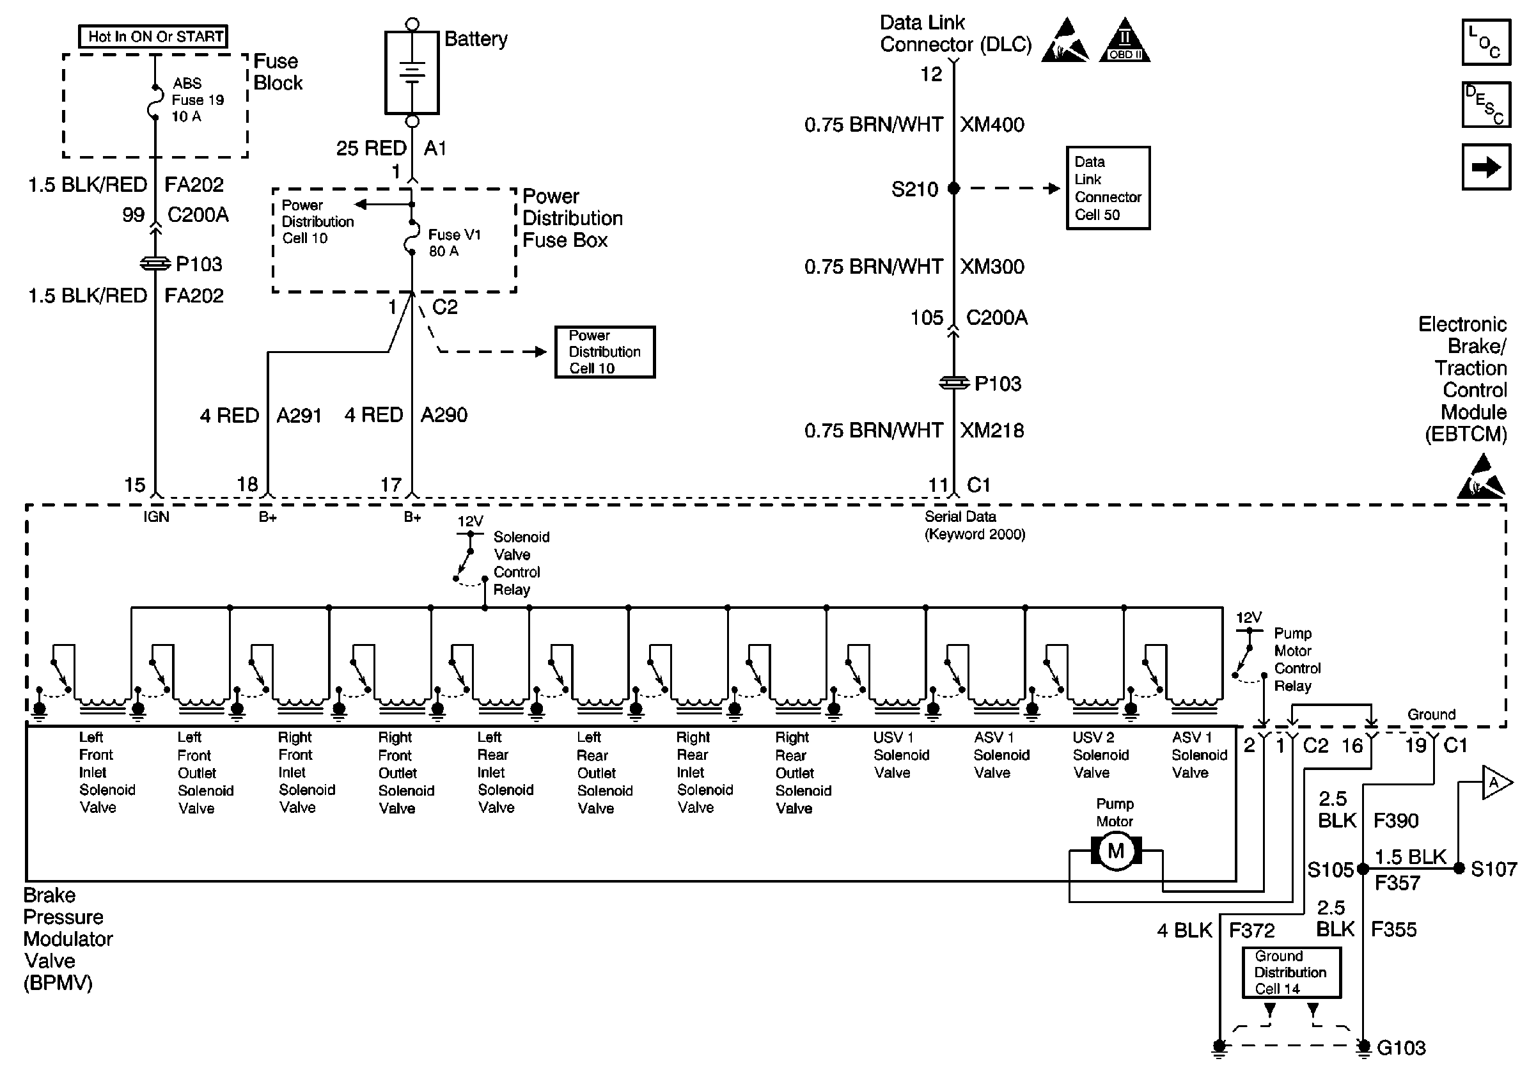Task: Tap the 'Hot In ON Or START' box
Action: click(154, 36)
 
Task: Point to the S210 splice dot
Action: click(954, 189)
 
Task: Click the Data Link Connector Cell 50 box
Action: click(1108, 188)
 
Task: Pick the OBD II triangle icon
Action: click(1125, 42)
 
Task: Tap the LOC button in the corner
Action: click(1486, 42)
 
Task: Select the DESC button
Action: click(1486, 104)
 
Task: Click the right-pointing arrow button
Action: click(1486, 166)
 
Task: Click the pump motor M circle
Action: click(1116, 851)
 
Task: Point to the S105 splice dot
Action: click(1363, 869)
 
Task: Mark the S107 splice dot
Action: click(1459, 869)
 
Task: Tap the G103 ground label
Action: click(1401, 1048)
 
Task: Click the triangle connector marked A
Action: click(1494, 783)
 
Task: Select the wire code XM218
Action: click(992, 430)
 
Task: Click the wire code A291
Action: click(299, 416)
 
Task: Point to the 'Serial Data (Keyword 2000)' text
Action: click(974, 525)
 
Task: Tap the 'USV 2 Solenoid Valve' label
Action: click(1100, 755)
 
